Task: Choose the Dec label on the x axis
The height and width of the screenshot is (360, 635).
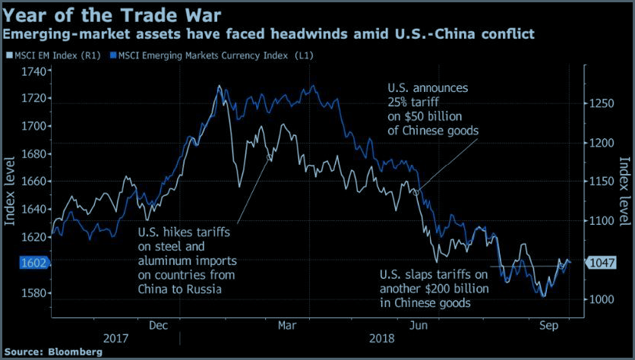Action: tap(159, 325)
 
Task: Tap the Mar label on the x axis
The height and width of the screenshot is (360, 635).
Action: tap(287, 325)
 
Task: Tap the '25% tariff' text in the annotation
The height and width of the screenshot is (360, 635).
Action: tap(415, 102)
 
